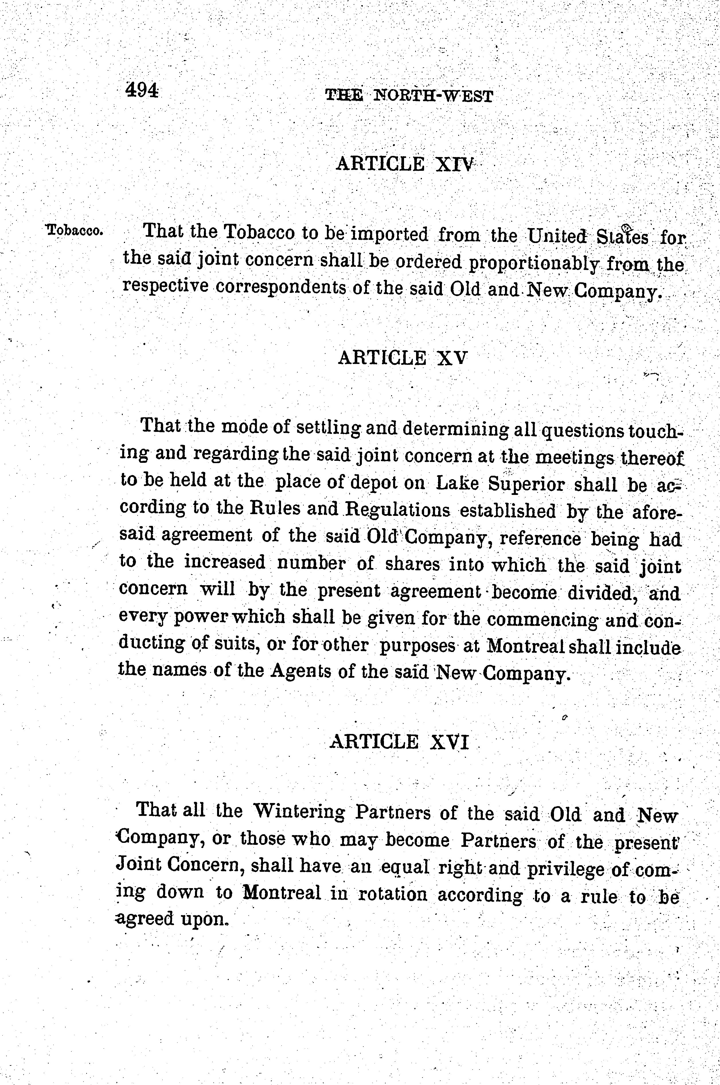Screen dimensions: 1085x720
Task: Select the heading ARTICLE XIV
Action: (x=404, y=164)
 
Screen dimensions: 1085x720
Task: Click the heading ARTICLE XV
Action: (x=402, y=358)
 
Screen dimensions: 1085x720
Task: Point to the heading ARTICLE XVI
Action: (x=399, y=742)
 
